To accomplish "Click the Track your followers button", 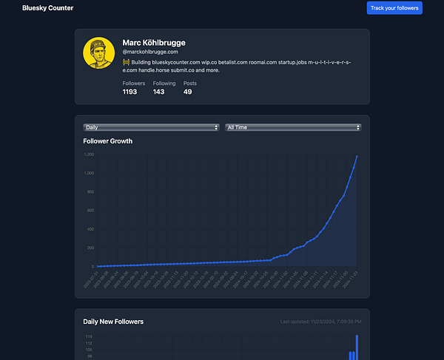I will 394,8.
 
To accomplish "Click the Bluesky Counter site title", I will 48,8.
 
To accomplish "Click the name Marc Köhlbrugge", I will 154,43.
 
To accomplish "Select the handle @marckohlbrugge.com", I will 150,52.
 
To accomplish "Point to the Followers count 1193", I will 130,92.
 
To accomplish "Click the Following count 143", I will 158,92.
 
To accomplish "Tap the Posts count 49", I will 188,92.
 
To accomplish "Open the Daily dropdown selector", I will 152,127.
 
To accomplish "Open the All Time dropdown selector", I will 293,127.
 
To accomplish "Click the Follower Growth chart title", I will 108,140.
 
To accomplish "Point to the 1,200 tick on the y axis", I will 89,154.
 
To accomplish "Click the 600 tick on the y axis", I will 90,211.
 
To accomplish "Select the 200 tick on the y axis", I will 90,248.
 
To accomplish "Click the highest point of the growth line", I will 357,156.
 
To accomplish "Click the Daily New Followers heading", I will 113,322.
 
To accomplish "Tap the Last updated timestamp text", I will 321,322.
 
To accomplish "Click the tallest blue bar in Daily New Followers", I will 357,347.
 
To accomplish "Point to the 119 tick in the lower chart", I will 89,337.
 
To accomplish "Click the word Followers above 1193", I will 134,84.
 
